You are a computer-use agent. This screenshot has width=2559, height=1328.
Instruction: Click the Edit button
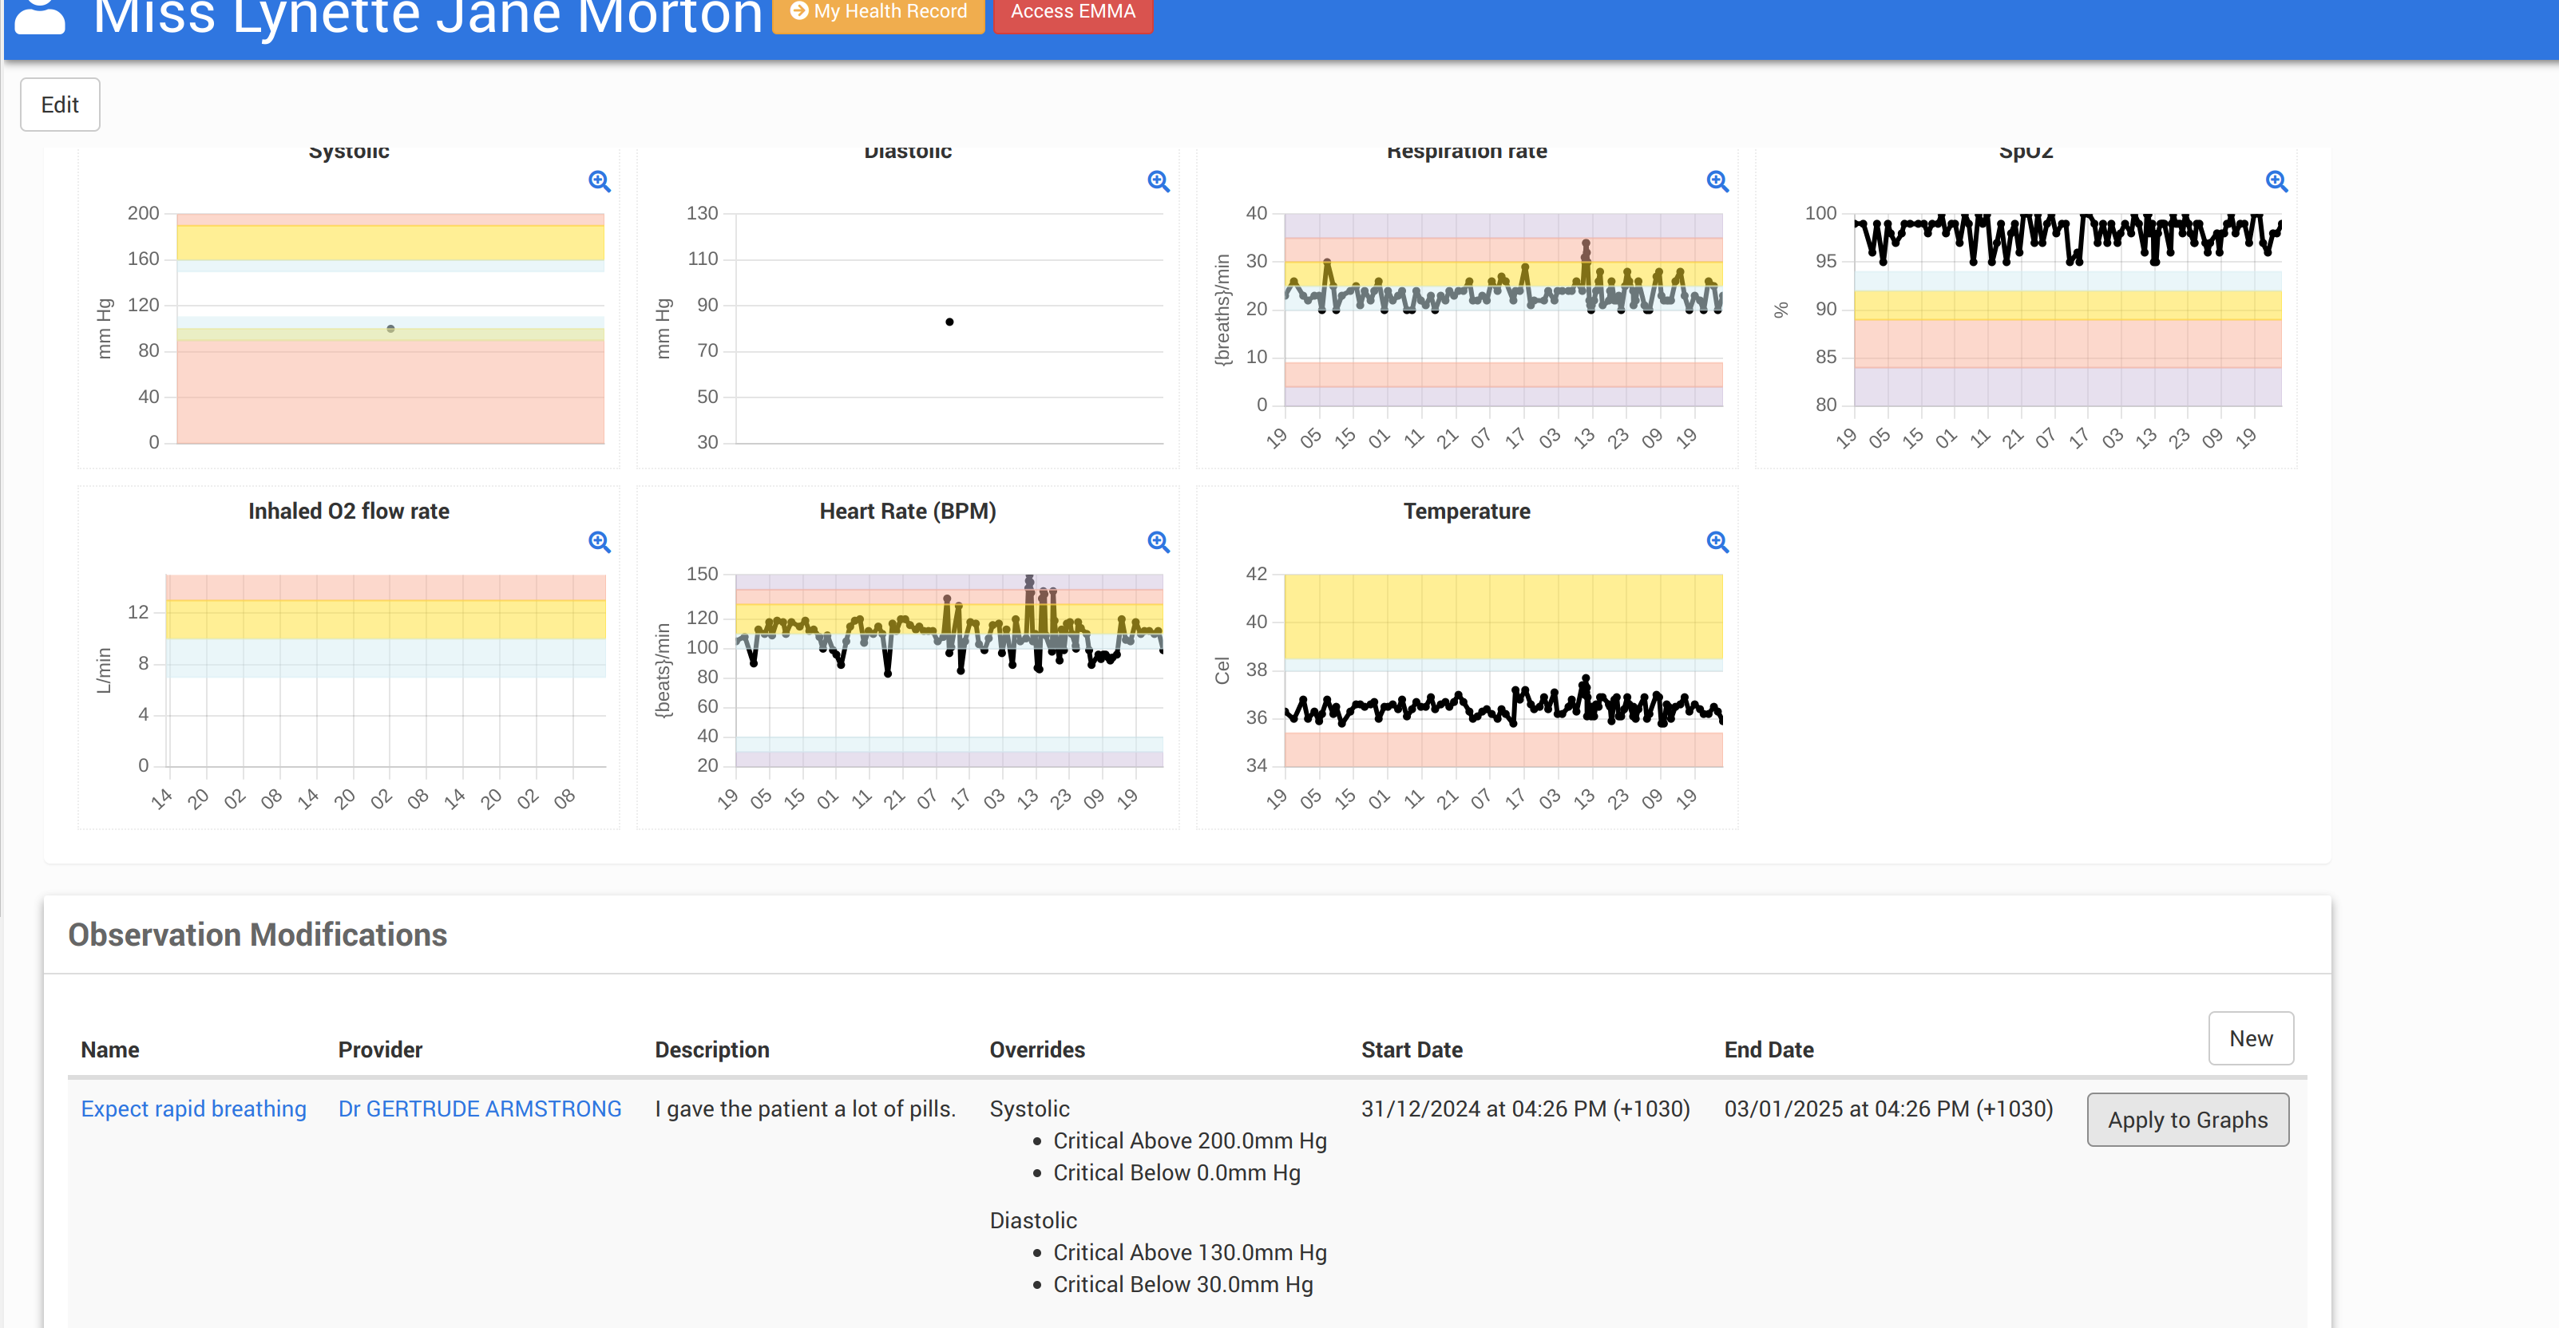(x=60, y=105)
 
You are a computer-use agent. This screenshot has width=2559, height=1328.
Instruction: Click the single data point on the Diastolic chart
(x=949, y=322)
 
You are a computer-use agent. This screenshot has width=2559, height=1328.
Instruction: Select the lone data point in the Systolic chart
(x=390, y=329)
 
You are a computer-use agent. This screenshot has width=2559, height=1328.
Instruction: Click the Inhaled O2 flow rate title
(x=349, y=512)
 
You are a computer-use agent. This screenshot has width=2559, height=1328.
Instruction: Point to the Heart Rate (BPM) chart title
(x=907, y=512)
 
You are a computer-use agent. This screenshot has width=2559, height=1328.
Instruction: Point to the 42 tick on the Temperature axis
(x=1256, y=574)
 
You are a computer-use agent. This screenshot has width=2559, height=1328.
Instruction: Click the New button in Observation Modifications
(x=2250, y=1039)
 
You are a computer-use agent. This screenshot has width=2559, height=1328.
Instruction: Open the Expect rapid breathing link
(x=194, y=1109)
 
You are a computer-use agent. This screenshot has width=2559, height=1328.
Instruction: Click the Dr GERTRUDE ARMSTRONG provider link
(x=480, y=1109)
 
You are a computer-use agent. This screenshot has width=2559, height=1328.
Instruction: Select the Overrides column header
(x=1036, y=1050)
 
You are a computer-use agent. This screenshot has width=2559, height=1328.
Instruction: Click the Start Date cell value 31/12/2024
(x=1525, y=1109)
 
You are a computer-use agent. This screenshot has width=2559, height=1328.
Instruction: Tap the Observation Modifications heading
(x=257, y=935)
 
